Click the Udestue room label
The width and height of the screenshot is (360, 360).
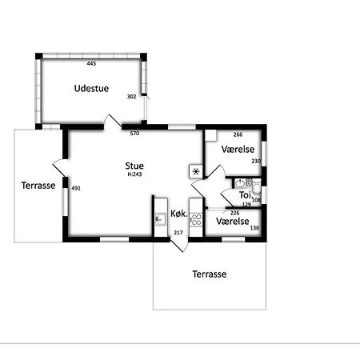[91, 89]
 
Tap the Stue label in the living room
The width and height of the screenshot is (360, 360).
[134, 166]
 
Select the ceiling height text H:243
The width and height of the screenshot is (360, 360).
[134, 174]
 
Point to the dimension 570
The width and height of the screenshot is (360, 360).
[134, 134]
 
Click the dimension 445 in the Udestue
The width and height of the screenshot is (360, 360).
[91, 63]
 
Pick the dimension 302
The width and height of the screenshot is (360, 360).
[131, 97]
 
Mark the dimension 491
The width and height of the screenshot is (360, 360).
[76, 188]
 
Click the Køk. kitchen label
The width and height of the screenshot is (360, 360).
[179, 214]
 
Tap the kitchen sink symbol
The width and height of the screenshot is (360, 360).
[161, 219]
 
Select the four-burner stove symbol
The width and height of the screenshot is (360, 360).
[196, 220]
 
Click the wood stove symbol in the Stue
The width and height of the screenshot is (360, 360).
[196, 171]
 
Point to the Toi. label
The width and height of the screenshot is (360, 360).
[246, 195]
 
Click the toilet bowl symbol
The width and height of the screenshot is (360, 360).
[257, 186]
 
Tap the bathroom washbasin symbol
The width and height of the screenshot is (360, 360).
[240, 183]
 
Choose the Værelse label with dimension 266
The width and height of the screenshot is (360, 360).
[238, 150]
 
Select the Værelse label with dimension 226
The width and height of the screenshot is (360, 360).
[233, 222]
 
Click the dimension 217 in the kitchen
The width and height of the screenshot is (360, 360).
[178, 233]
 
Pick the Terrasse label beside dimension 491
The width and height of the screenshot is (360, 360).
[38, 186]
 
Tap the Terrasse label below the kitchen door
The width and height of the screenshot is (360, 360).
[210, 274]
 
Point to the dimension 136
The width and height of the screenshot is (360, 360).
[254, 228]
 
